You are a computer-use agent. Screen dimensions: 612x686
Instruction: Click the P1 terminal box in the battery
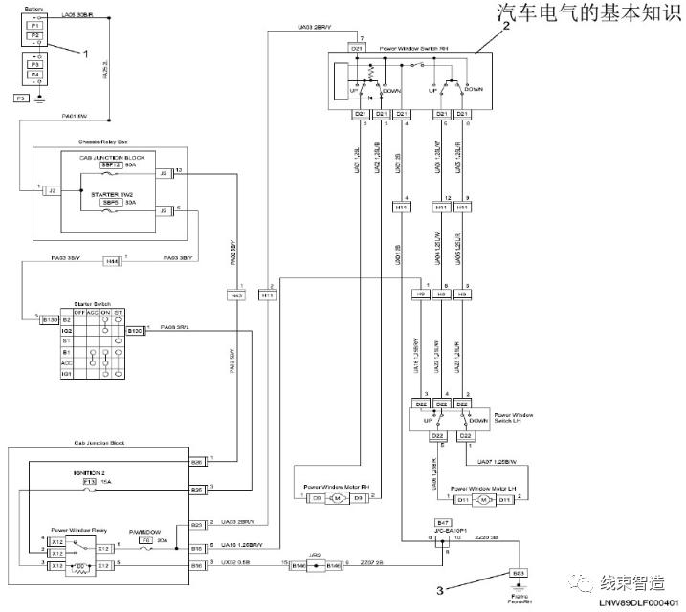coord(34,25)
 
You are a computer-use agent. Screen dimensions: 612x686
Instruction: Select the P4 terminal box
coord(34,74)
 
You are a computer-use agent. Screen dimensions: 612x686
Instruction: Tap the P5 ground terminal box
coord(20,98)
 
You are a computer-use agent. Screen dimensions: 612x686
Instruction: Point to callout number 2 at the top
coord(506,28)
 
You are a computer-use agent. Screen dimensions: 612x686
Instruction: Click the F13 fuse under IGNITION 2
coord(88,483)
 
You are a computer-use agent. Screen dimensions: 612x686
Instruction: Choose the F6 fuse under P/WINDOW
coord(146,540)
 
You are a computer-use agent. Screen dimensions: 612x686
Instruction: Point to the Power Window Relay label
coord(77,530)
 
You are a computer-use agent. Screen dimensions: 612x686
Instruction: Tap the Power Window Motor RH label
coord(334,486)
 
